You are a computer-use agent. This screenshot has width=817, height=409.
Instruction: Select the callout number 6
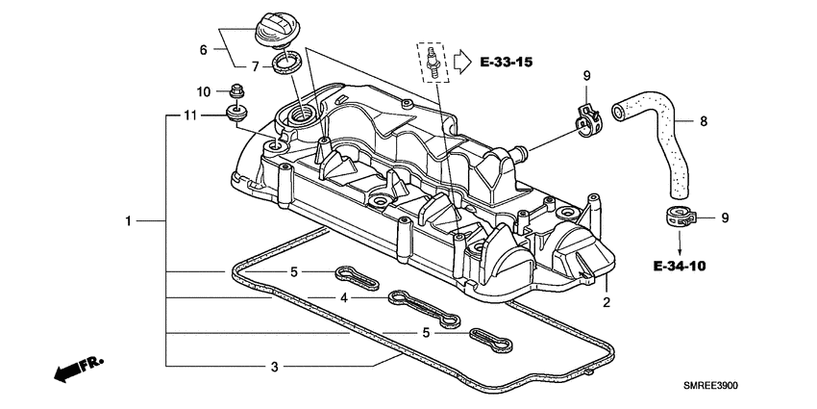point(203,49)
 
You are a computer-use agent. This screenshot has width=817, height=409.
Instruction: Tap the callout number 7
point(256,66)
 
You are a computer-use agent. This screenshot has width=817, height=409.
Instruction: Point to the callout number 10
point(203,92)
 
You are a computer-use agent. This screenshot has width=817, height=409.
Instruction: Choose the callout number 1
point(127,221)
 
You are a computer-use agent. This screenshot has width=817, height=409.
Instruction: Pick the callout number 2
point(607,302)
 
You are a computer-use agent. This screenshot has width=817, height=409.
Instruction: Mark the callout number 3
point(274,367)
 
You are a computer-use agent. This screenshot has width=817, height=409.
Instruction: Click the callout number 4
point(343,298)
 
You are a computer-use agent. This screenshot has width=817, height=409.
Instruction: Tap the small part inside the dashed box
point(433,63)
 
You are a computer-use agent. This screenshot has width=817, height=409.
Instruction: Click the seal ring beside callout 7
point(285,65)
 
